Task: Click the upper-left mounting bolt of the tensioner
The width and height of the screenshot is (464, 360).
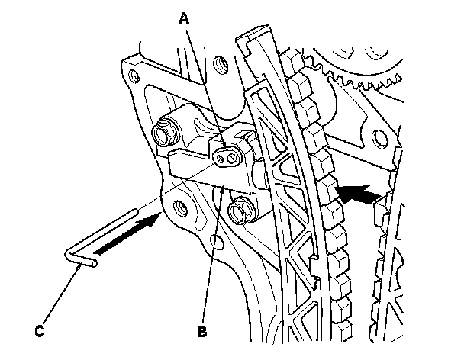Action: pyautogui.click(x=163, y=135)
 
